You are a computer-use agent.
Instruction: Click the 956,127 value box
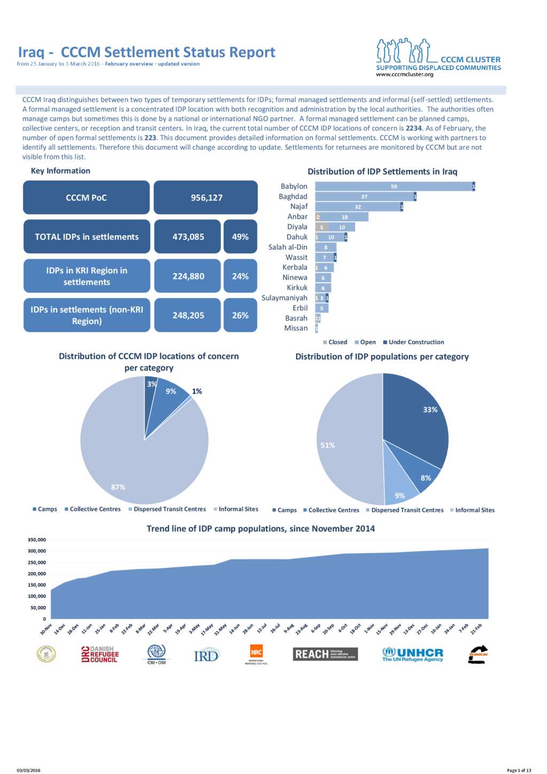tap(206, 197)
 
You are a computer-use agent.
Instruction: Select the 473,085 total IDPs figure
tap(187, 236)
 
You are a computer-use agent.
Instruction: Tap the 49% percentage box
tap(240, 236)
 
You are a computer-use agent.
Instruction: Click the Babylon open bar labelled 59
tap(394, 187)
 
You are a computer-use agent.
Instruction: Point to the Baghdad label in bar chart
tap(293, 197)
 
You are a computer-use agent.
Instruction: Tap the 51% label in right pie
tap(327, 445)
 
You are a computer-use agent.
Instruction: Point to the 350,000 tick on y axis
tap(37, 540)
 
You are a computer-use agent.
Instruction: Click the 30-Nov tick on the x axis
tap(46, 629)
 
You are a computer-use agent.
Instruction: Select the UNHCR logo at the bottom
tap(413, 654)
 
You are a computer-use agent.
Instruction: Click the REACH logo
tap(325, 654)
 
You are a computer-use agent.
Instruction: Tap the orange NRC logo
tap(256, 653)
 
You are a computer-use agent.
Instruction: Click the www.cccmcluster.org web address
tap(404, 75)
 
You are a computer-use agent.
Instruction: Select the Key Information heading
tap(60, 171)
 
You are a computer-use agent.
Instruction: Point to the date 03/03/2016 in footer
tap(28, 770)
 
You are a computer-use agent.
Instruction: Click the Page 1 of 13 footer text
tap(519, 770)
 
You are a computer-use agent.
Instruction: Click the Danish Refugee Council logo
tap(100, 654)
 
